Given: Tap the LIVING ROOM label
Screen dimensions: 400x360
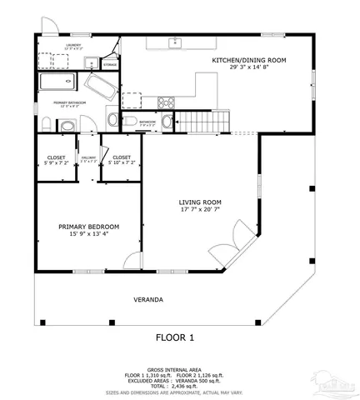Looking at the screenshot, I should (200, 202).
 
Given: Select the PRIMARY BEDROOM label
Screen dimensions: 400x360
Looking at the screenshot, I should (88, 226).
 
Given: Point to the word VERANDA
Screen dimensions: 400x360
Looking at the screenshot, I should (147, 299).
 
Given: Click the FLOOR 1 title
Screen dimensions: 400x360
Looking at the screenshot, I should (175, 337).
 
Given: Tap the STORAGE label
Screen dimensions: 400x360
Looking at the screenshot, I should (110, 63).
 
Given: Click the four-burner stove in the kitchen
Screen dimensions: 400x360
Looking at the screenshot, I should (166, 104).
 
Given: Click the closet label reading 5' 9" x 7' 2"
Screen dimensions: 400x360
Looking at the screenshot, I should (56, 160).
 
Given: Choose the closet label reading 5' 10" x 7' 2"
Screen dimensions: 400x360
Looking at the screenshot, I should (121, 160).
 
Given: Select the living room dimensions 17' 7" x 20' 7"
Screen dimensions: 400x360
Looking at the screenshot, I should (200, 210).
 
